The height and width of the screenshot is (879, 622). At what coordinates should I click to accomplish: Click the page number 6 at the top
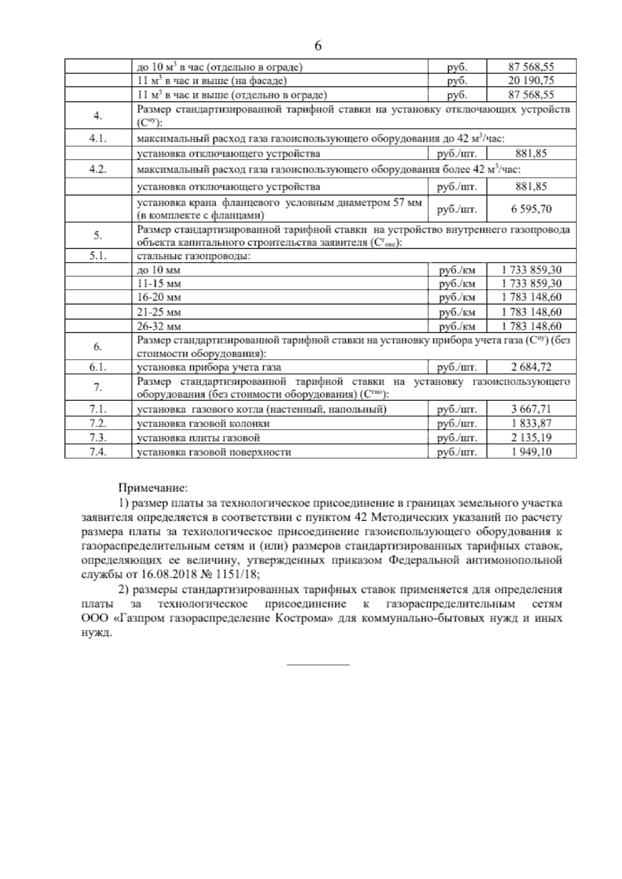pyautogui.click(x=318, y=46)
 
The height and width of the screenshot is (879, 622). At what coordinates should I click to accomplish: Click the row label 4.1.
pyautogui.click(x=98, y=139)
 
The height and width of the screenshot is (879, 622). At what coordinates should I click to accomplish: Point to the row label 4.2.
pyautogui.click(x=98, y=170)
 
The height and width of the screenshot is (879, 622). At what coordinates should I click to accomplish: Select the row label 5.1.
pyautogui.click(x=98, y=256)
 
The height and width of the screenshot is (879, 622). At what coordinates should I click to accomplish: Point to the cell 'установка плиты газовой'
pyautogui.click(x=197, y=438)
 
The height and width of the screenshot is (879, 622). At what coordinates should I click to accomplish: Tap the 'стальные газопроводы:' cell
pyautogui.click(x=193, y=257)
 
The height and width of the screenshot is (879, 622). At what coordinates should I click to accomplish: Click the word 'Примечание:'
pyautogui.click(x=153, y=488)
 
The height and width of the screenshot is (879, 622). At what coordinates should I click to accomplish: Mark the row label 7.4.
pyautogui.click(x=98, y=452)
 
